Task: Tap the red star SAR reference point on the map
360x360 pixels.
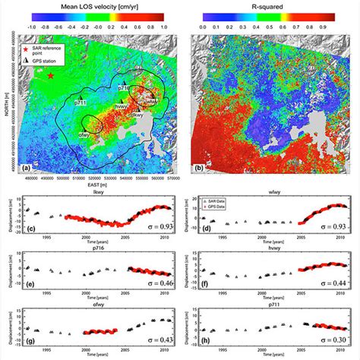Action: coord(51,77)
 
